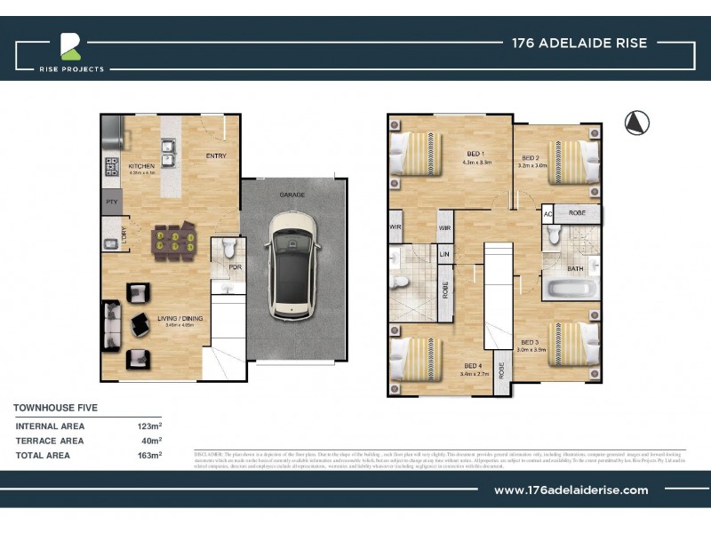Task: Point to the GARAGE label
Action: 292,194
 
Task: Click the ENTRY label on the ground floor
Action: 216,156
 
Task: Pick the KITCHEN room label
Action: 142,166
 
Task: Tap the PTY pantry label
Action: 110,203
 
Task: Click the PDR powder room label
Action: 235,266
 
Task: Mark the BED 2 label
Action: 531,156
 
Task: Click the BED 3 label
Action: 531,342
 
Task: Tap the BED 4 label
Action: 473,365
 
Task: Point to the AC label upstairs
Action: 548,215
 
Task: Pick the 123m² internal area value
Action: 148,426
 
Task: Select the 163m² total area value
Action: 148,455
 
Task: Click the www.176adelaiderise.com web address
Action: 571,489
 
